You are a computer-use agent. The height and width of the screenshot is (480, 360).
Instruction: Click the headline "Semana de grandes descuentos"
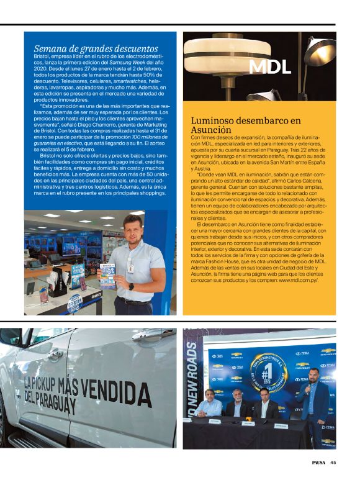(96, 48)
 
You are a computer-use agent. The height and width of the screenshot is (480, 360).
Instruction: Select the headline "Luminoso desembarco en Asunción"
(245, 125)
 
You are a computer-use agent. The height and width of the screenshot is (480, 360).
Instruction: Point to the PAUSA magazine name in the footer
(318, 462)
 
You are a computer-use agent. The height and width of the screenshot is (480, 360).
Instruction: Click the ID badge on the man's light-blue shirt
(130, 267)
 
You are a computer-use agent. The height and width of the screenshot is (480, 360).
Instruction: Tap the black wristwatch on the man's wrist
(130, 287)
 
